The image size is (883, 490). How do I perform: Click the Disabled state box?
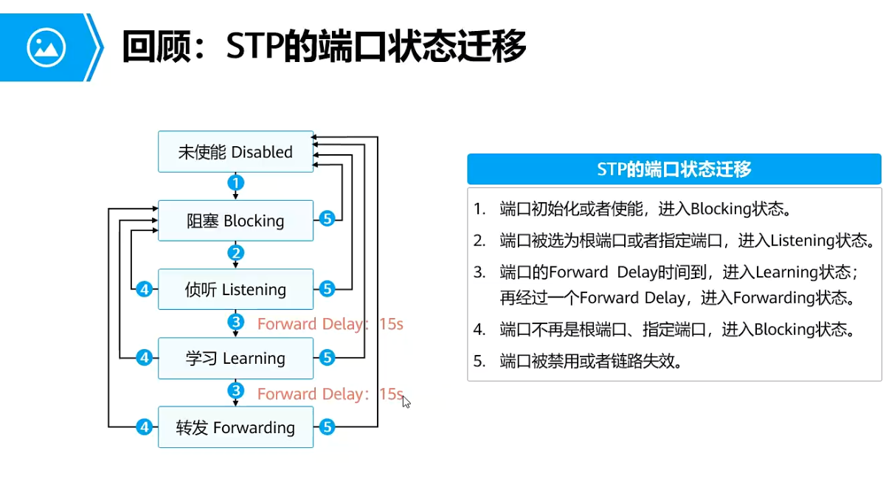pos(235,152)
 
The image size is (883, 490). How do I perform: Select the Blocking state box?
pos(235,221)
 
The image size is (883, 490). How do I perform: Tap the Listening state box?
pos(235,289)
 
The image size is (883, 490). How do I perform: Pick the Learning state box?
pos(235,358)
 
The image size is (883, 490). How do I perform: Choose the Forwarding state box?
pos(235,427)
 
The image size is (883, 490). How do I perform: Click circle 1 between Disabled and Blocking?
pos(235,182)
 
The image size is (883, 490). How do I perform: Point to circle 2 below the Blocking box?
pos(235,253)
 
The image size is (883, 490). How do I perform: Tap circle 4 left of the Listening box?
pos(145,289)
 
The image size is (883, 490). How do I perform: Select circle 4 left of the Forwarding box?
pos(145,427)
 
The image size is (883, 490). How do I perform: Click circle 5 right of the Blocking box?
pos(328,218)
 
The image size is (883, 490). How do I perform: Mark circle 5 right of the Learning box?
pos(328,358)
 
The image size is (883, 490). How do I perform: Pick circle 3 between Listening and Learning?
pos(235,322)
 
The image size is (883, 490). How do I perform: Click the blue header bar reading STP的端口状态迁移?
pos(673,169)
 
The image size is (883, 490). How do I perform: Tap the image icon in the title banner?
pos(46,47)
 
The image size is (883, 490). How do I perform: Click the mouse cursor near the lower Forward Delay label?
pos(406,401)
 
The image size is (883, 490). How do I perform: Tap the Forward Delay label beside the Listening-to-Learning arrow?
pos(330,324)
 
